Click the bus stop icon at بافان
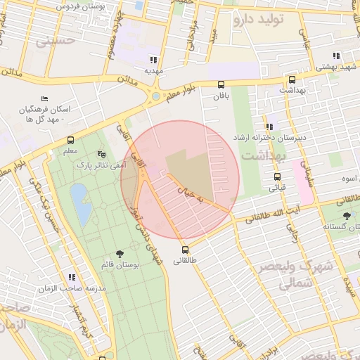[x=221, y=84]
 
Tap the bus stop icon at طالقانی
[x=186, y=250]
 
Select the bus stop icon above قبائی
[x=277, y=176]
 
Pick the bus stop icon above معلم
[x=70, y=140]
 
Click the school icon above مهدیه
[x=154, y=60]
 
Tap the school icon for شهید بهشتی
[x=337, y=56]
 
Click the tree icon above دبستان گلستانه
[x=346, y=216]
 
